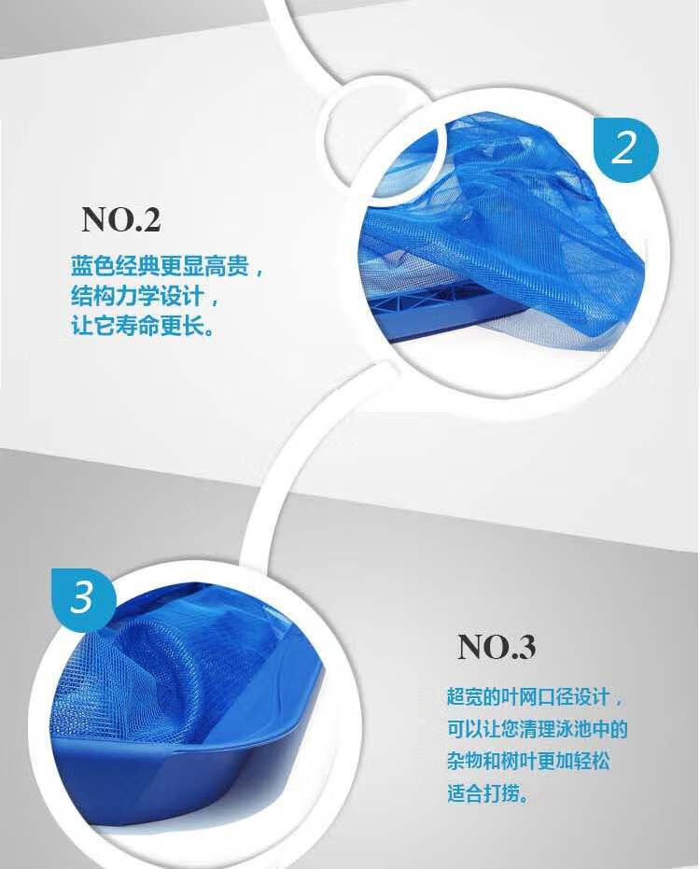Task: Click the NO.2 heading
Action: point(120,219)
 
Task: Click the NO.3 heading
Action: point(496,646)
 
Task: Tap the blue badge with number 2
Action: point(625,147)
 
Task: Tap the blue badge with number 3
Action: point(84,597)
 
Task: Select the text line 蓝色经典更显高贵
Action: point(160,267)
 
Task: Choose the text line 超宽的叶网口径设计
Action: point(528,696)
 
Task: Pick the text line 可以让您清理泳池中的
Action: point(537,729)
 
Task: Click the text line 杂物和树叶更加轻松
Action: point(528,761)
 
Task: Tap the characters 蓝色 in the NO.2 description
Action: point(92,267)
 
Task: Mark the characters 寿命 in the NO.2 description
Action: point(137,326)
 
